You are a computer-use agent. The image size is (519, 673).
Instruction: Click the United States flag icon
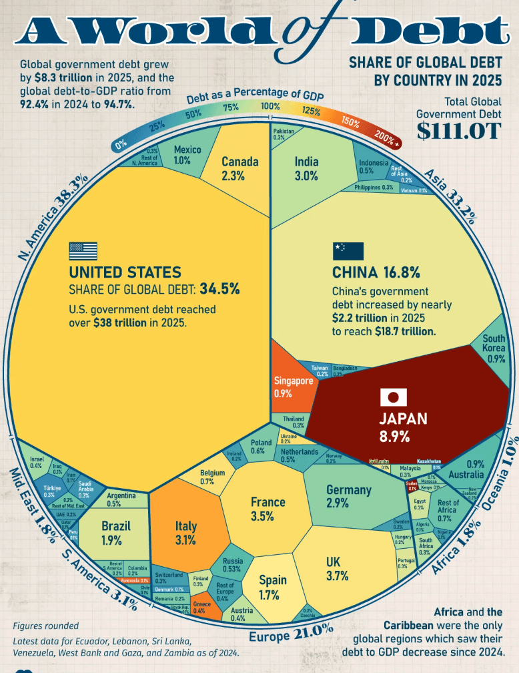[x=83, y=251]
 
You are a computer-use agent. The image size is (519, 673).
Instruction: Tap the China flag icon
[x=348, y=251]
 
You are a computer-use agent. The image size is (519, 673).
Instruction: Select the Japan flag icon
[x=394, y=398]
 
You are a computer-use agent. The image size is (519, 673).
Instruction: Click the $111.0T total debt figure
[x=459, y=131]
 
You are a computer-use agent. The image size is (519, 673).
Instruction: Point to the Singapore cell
[x=293, y=385]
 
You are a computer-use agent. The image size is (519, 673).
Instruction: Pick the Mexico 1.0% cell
[x=187, y=155]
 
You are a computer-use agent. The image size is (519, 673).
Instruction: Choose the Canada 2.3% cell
[x=239, y=168]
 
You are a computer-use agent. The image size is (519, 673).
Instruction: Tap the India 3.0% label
[x=306, y=168]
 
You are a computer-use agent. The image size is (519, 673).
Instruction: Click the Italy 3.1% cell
[x=186, y=532]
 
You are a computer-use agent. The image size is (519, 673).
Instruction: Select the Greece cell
[x=199, y=607]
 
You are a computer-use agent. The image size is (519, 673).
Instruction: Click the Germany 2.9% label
[x=348, y=496]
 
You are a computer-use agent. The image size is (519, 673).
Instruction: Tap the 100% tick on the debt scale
[x=270, y=106]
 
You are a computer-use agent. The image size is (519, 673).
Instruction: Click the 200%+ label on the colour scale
[x=388, y=139]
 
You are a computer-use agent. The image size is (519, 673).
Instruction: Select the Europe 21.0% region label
[x=290, y=630]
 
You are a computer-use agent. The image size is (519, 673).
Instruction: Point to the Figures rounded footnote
[x=45, y=626]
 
